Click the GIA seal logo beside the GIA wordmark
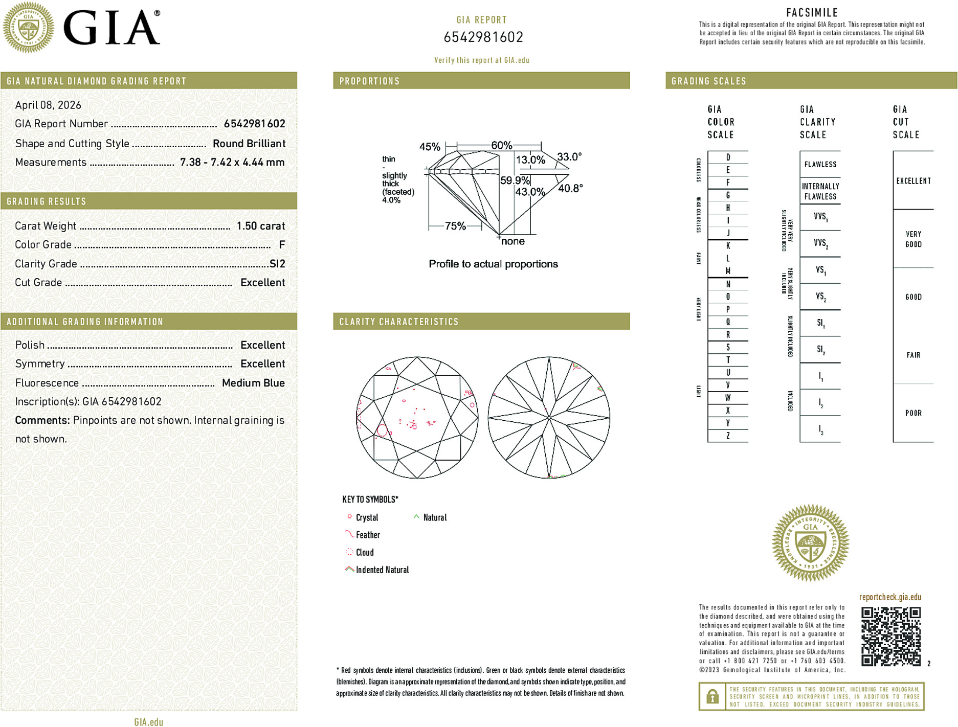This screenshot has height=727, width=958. (x=28, y=28)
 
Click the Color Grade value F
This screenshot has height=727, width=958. (x=282, y=245)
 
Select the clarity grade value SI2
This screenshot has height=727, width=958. (x=277, y=264)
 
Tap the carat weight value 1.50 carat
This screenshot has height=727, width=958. (x=260, y=226)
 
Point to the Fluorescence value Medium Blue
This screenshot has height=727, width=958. (x=253, y=383)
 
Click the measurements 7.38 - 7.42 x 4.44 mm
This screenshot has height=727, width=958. (x=232, y=163)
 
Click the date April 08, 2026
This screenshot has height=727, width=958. (x=48, y=105)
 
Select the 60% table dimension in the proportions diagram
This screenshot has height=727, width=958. (x=501, y=145)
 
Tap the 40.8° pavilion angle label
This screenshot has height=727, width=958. (x=570, y=189)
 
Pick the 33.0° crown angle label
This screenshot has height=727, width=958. (x=569, y=157)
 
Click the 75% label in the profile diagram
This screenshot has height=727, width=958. (x=455, y=226)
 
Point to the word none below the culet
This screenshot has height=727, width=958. (x=513, y=241)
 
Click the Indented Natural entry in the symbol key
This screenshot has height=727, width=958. (x=382, y=570)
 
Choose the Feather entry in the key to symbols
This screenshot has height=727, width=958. (x=368, y=535)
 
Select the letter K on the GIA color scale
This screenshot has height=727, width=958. (x=728, y=246)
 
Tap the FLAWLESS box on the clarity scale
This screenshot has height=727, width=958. (x=820, y=165)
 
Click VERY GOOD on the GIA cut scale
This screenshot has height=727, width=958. (x=914, y=239)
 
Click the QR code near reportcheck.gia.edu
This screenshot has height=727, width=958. (x=890, y=637)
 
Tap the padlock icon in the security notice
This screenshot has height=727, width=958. (x=712, y=696)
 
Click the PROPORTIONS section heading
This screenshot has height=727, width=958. (x=369, y=81)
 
